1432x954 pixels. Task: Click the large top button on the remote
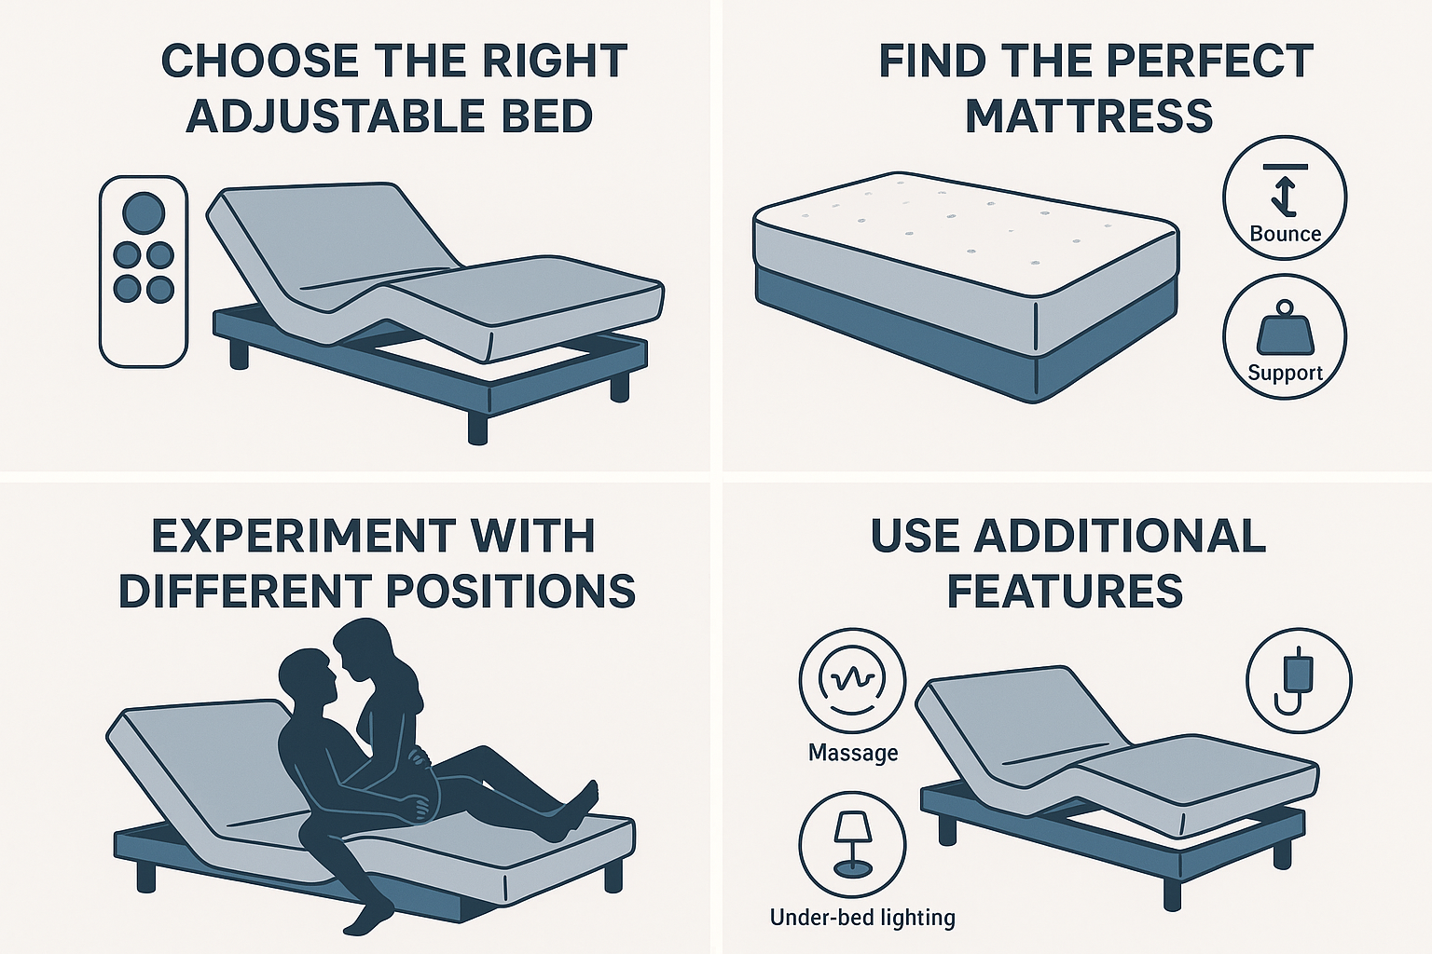tap(144, 212)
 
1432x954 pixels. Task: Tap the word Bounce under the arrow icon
tap(1285, 234)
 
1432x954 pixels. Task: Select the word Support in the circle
tap(1285, 374)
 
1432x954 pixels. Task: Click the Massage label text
tap(853, 752)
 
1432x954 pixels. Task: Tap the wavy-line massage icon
tap(852, 682)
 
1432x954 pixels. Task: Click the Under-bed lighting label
tap(862, 918)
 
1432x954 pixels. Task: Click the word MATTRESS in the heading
tap(1089, 116)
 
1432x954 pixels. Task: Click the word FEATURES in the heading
tap(1065, 591)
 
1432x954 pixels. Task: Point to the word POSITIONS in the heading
tap(510, 591)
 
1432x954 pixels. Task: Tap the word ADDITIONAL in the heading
tap(1120, 535)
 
